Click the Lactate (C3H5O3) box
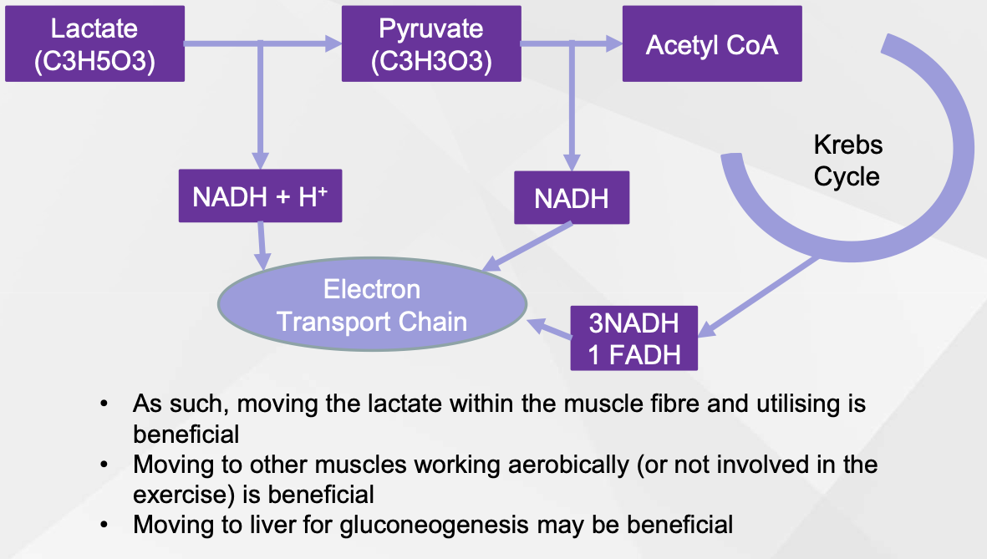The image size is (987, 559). [95, 44]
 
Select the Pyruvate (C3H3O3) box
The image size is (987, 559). [431, 44]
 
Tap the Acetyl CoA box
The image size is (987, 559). [712, 44]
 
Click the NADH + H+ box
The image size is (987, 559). [260, 196]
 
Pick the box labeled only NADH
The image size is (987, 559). [572, 198]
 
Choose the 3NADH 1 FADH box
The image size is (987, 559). [633, 338]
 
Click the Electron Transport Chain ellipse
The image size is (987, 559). [372, 304]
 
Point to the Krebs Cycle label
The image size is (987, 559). [848, 160]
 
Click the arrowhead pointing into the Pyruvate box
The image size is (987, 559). [333, 43]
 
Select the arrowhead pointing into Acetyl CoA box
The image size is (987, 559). [614, 43]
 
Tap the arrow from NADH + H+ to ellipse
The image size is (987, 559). [262, 246]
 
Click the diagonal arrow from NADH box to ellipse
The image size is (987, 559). [527, 246]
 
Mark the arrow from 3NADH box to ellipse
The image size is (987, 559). [549, 328]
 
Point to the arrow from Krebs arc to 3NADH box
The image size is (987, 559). [759, 297]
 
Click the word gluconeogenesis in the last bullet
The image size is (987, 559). [434, 525]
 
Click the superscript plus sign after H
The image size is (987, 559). [323, 189]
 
